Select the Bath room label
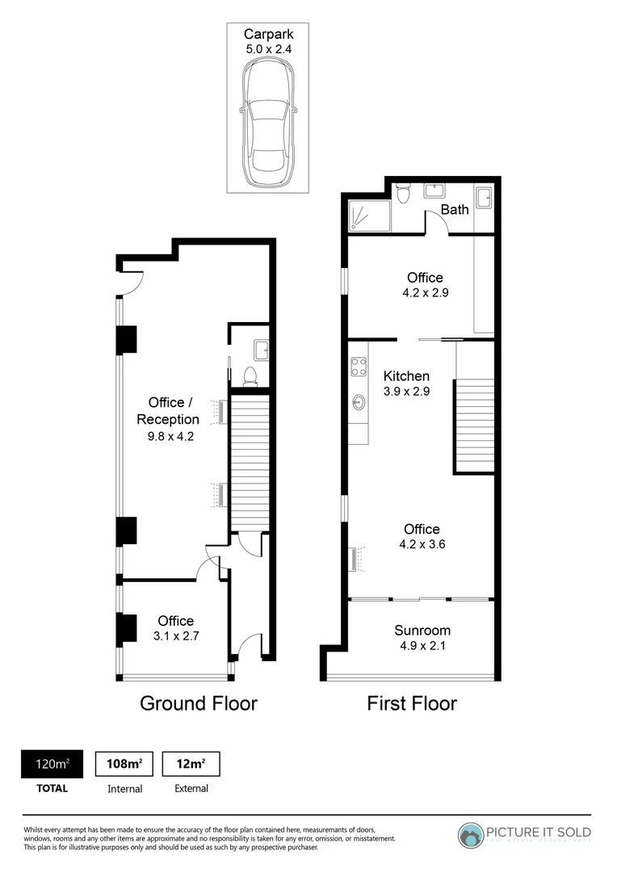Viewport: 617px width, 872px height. point(455,210)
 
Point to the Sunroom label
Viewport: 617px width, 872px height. point(422,631)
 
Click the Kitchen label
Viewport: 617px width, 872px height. point(406,376)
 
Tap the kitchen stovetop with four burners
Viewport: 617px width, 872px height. point(359,367)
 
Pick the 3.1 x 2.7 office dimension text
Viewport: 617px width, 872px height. point(177,635)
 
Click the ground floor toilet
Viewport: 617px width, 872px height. point(250,375)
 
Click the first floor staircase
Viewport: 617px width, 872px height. point(476,426)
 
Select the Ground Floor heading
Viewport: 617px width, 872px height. point(199,703)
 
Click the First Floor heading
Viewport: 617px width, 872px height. point(412,703)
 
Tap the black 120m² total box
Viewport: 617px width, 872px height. point(51,764)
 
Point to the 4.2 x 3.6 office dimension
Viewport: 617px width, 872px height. point(422,544)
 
